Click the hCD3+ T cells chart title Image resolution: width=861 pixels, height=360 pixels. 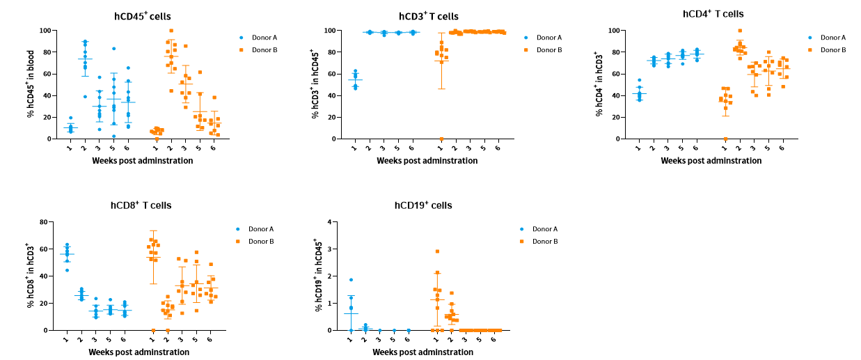point(428,16)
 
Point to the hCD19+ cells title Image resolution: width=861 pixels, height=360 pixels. point(423,205)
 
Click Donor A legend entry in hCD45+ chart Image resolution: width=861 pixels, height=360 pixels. point(257,38)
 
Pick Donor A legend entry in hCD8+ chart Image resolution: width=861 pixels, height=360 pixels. point(257,229)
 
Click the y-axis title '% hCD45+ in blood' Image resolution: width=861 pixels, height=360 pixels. point(31,85)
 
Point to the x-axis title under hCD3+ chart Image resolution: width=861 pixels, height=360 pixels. point(427,161)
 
